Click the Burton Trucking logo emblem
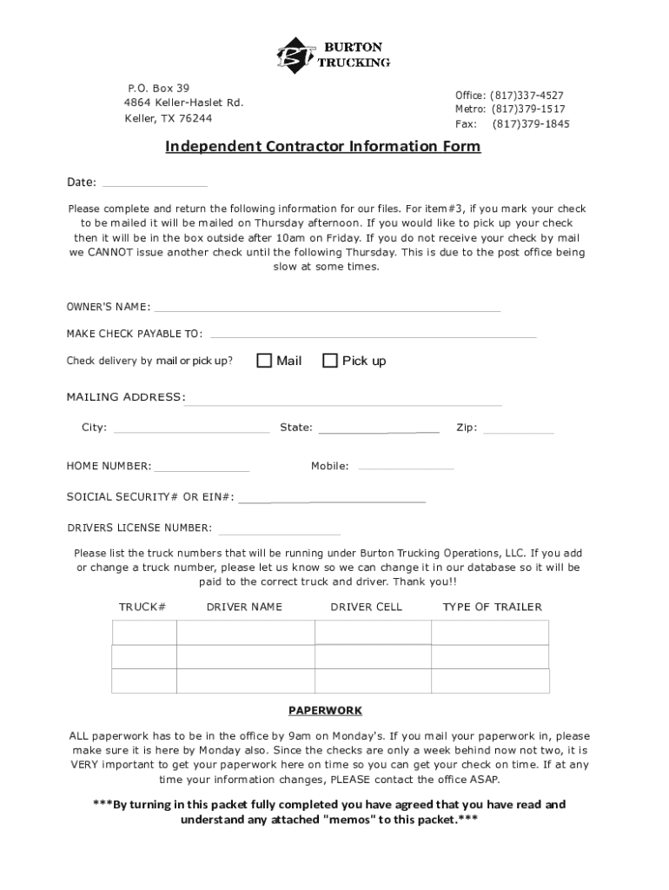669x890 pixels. [x=295, y=56]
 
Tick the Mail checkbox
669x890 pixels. [x=264, y=361]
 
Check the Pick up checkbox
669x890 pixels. [x=329, y=361]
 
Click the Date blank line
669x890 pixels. [x=155, y=183]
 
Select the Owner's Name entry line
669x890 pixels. [x=327, y=308]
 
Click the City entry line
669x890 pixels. [x=191, y=429]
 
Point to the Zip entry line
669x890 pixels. [x=519, y=429]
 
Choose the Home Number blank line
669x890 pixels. [x=202, y=468]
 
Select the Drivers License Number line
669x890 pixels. [x=280, y=531]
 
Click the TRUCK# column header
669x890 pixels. [x=142, y=607]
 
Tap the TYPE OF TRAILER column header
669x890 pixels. [x=492, y=607]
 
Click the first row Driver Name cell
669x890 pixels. [x=245, y=632]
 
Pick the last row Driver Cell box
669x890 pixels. [x=373, y=681]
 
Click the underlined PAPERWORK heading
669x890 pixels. [x=326, y=710]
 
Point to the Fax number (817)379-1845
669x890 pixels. [x=531, y=124]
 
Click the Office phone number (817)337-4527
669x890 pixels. [x=527, y=95]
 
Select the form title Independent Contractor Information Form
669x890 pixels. [x=323, y=146]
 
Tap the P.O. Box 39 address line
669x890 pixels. [x=158, y=88]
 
